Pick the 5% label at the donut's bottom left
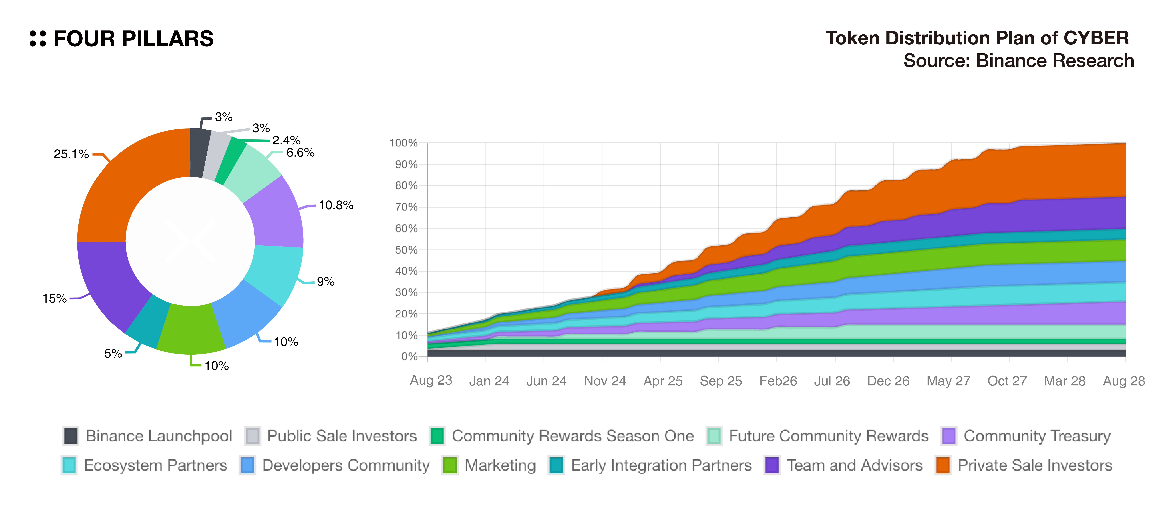113,353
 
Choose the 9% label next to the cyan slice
325,282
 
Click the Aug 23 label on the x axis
431,380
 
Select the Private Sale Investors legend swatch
943,466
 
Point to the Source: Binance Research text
1018,61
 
